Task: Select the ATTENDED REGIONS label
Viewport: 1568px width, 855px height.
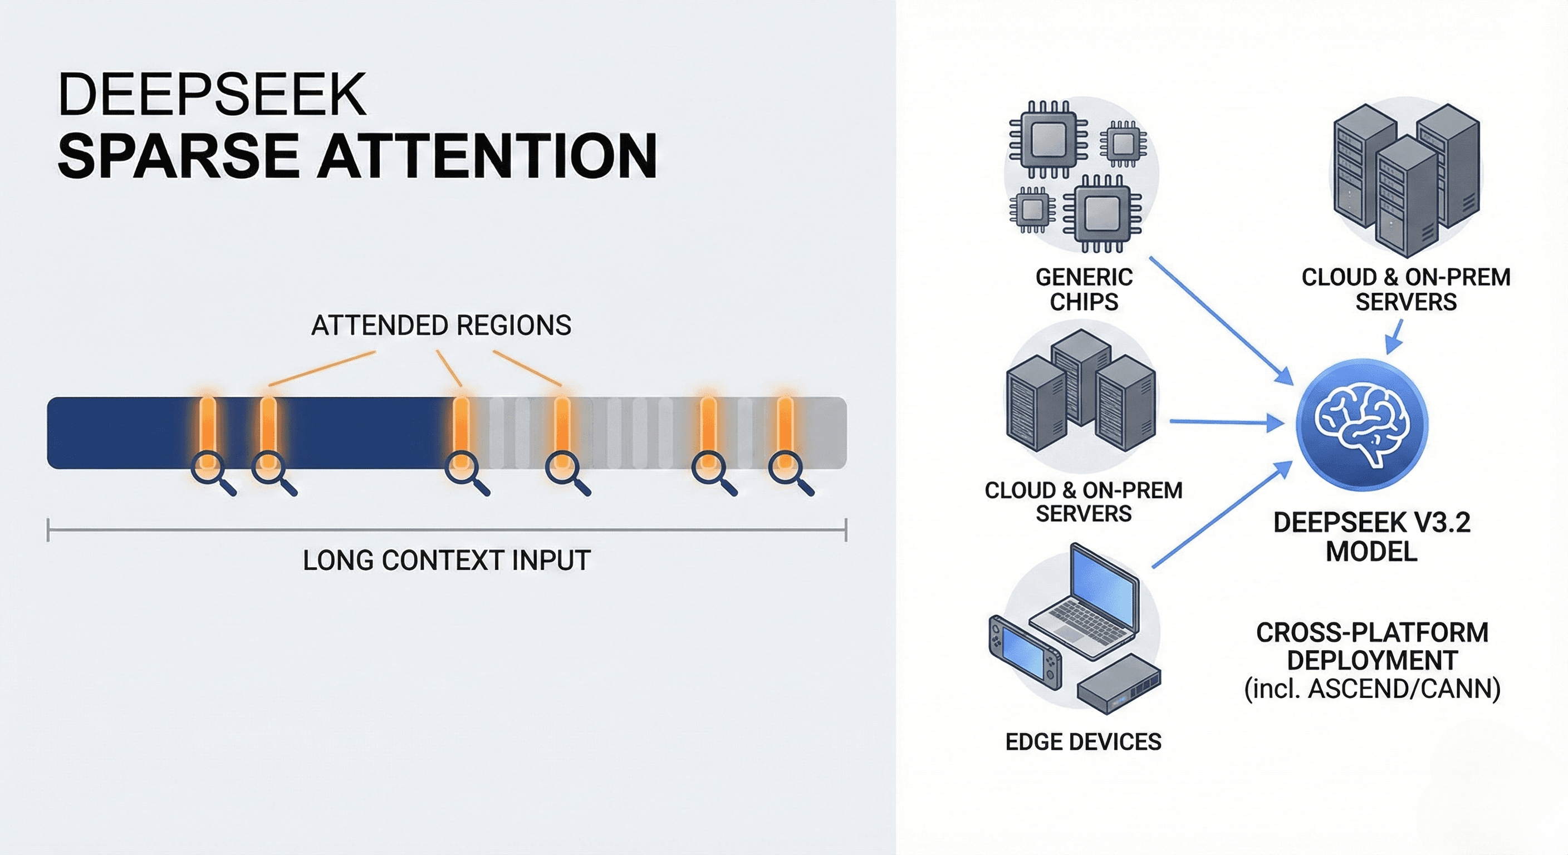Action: coord(440,326)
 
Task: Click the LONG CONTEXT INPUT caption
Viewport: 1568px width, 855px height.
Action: coord(446,561)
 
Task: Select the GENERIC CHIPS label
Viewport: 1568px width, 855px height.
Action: coord(1084,289)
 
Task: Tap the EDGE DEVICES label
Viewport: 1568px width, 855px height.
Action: coord(1084,742)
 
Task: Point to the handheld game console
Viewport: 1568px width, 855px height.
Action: coord(1024,655)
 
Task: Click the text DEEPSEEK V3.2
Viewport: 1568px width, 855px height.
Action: coord(1371,523)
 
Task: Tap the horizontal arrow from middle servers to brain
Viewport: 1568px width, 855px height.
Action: coord(1227,421)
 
